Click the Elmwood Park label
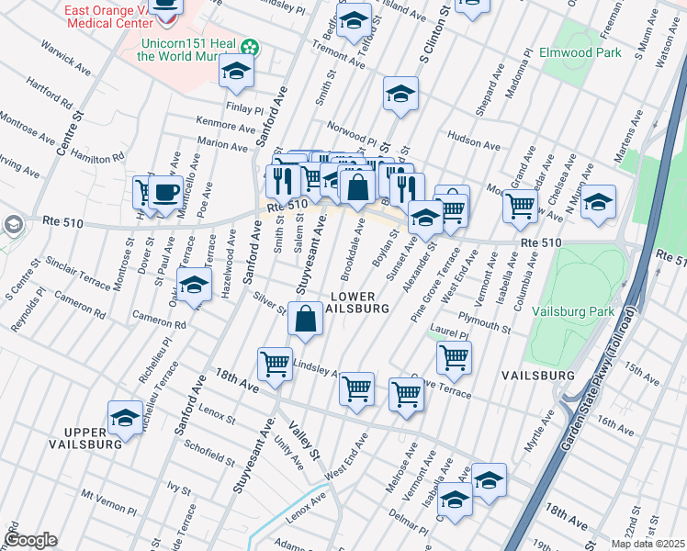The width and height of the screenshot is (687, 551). pyautogui.click(x=580, y=52)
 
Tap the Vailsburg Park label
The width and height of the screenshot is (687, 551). pyautogui.click(x=575, y=311)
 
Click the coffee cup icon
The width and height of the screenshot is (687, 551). pyautogui.click(x=166, y=194)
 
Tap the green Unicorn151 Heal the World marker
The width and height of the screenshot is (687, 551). pyautogui.click(x=248, y=46)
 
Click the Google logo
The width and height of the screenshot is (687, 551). pyautogui.click(x=30, y=540)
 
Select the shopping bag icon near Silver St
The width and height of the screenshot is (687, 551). pyautogui.click(x=305, y=319)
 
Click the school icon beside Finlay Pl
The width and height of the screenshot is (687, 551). pyautogui.click(x=237, y=73)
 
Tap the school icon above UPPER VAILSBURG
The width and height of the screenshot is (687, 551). pyautogui.click(x=125, y=417)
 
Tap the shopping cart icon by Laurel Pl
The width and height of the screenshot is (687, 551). pyautogui.click(x=454, y=357)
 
